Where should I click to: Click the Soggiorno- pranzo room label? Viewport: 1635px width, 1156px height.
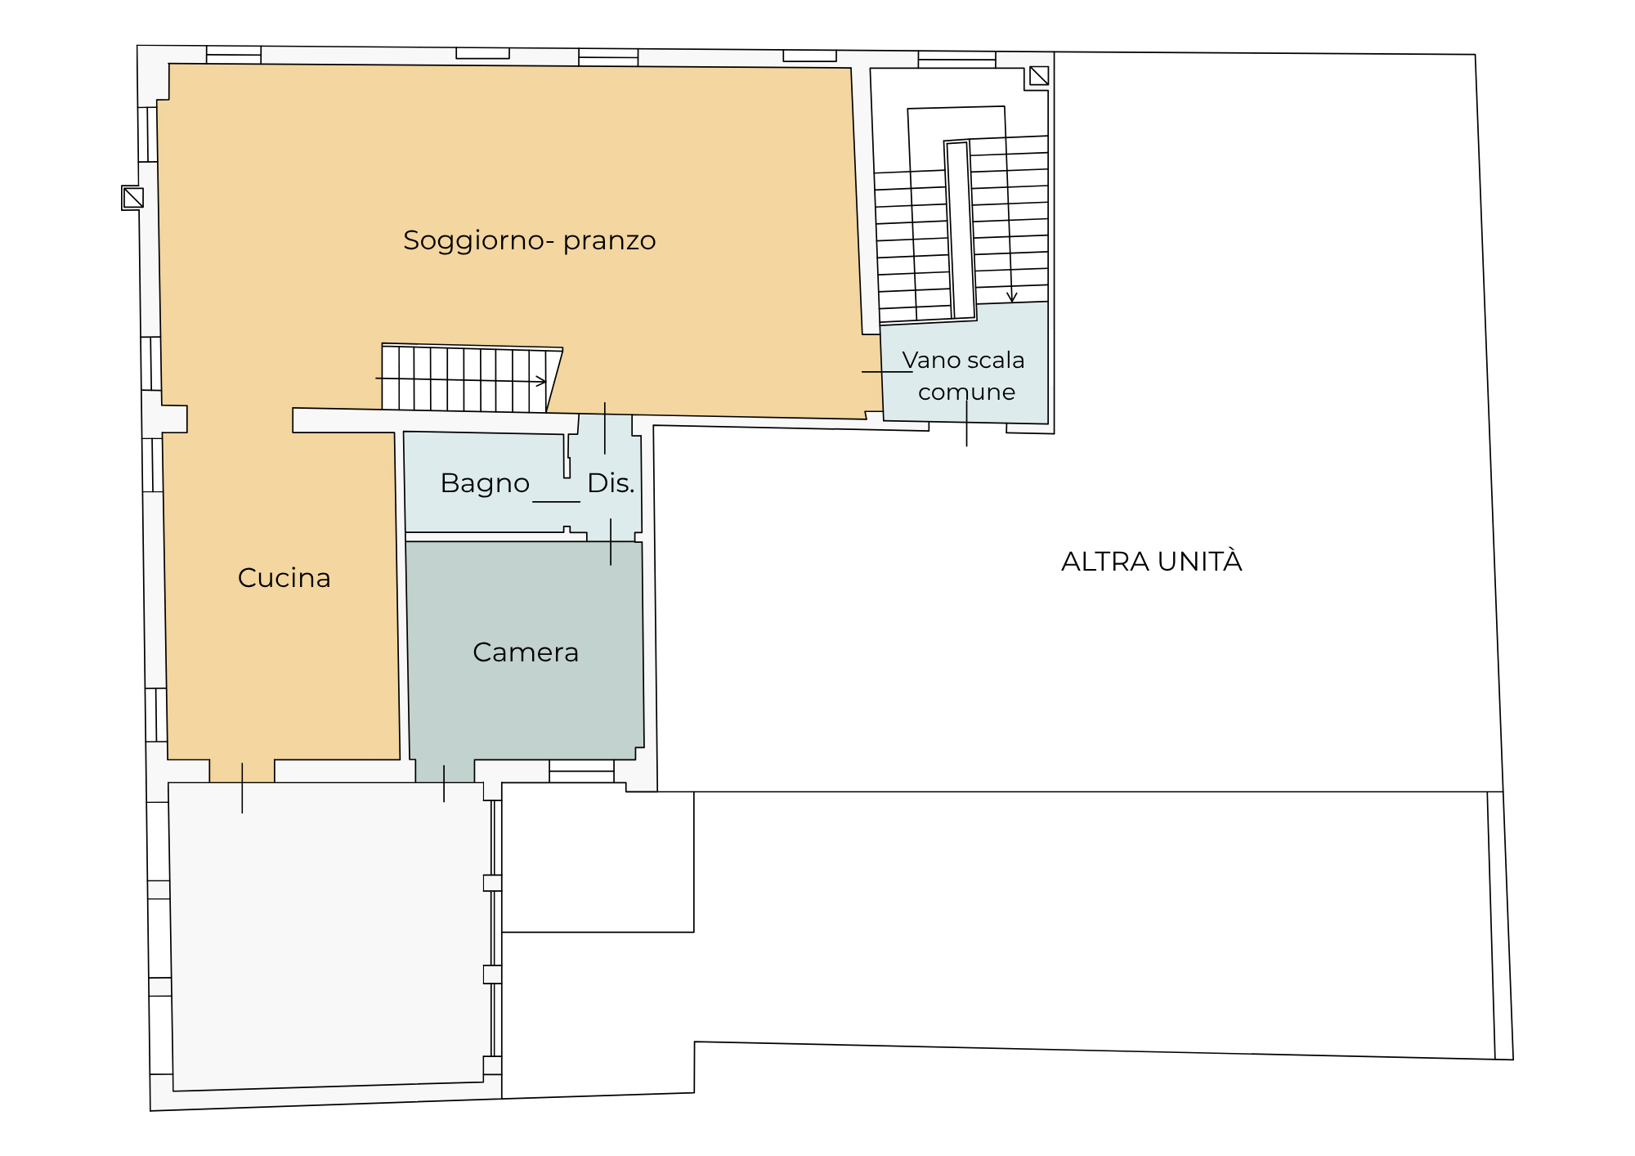(x=529, y=241)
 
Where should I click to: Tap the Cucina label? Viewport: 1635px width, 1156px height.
(x=284, y=578)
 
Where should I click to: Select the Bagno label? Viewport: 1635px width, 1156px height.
(x=485, y=484)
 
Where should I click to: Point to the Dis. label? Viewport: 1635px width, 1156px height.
(x=611, y=483)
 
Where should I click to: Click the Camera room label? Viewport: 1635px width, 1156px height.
(x=526, y=652)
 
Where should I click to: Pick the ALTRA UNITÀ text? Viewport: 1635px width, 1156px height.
(x=1151, y=561)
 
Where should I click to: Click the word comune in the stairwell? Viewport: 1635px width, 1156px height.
(x=966, y=392)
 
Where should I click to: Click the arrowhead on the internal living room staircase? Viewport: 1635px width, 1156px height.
(x=541, y=381)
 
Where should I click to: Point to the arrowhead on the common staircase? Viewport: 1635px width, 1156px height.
(x=1012, y=298)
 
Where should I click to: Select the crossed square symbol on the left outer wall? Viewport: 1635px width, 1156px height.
(x=133, y=198)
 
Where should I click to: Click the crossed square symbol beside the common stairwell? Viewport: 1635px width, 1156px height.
(x=1039, y=76)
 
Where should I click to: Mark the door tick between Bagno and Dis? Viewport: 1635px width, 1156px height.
(x=556, y=501)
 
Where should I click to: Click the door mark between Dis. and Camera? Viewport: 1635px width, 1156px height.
(x=611, y=542)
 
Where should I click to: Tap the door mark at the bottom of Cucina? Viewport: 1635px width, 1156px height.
(x=242, y=788)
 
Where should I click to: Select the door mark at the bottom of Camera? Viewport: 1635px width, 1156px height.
(x=444, y=783)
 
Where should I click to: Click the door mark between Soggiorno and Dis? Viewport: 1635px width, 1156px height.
(x=605, y=428)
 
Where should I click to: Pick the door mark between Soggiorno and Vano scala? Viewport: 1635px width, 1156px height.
(x=887, y=372)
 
